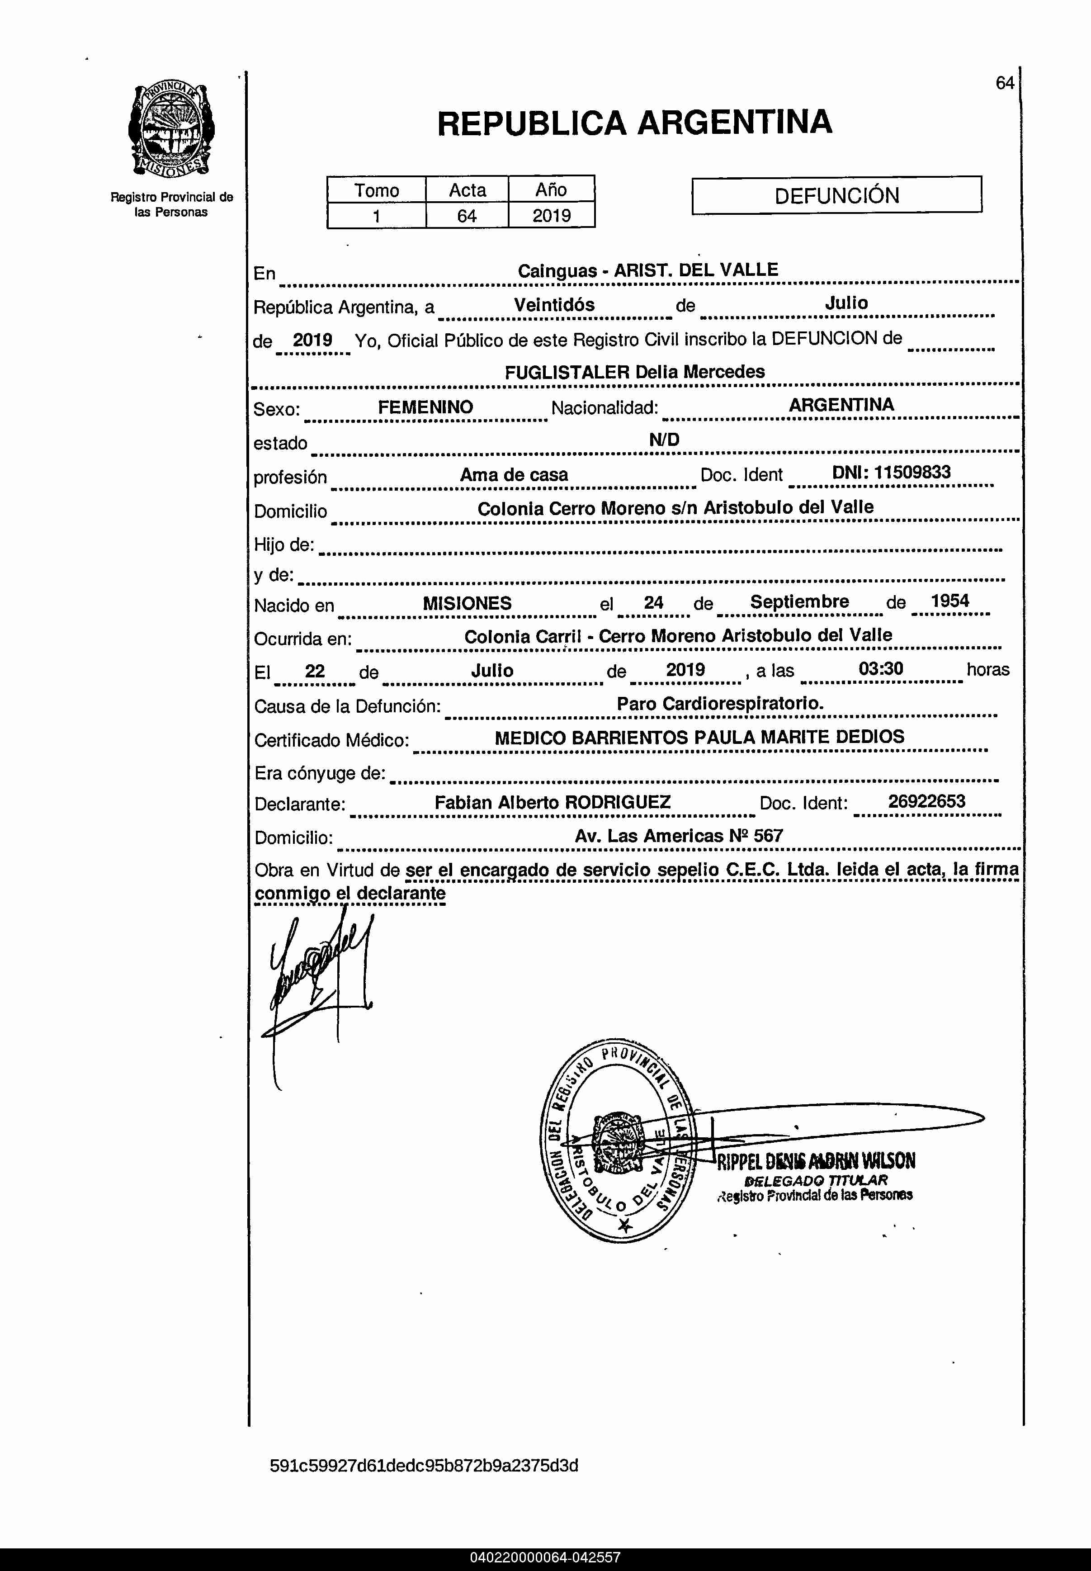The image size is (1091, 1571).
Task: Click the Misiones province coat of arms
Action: (171, 130)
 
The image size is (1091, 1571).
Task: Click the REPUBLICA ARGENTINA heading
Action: (634, 123)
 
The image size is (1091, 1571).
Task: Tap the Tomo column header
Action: (376, 189)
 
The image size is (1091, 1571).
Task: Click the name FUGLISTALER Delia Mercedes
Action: (634, 372)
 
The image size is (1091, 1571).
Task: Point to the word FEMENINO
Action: (425, 407)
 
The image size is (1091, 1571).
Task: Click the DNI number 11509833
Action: (891, 473)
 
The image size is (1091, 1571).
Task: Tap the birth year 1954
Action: (949, 601)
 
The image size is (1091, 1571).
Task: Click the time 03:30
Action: (880, 668)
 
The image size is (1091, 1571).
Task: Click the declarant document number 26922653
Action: (926, 801)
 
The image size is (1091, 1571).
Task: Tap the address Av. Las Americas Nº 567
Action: (678, 835)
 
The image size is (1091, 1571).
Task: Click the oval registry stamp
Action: (619, 1140)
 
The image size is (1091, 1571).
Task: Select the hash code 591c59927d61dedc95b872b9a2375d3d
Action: (424, 1465)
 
